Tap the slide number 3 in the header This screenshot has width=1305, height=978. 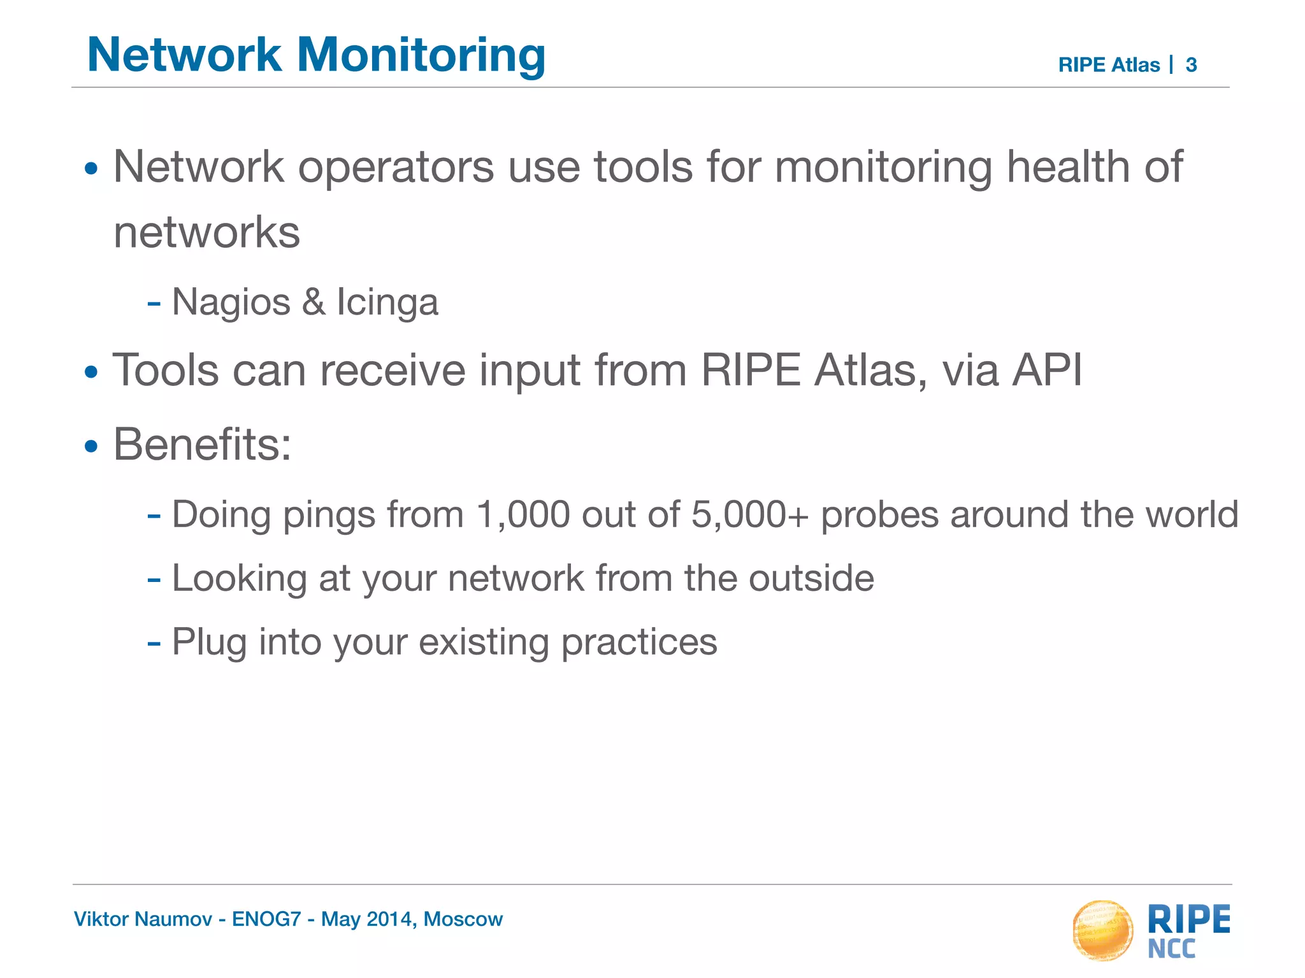pos(1191,65)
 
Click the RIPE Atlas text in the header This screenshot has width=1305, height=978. pos(1109,65)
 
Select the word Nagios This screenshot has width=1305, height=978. pos(231,302)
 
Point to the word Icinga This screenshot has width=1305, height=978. pos(387,302)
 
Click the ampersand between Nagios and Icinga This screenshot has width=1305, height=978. pos(314,302)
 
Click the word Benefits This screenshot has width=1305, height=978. pos(202,444)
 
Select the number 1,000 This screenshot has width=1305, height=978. pos(523,514)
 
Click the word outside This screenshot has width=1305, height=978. pos(811,578)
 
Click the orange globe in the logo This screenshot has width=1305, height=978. pos(1102,930)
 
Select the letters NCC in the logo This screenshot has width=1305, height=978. pos(1172,949)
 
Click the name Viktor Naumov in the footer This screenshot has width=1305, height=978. pos(143,919)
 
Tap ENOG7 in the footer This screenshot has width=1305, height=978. pos(266,919)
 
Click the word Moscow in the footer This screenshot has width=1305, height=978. pos(463,919)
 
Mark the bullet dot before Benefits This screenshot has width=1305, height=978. pos(92,446)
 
